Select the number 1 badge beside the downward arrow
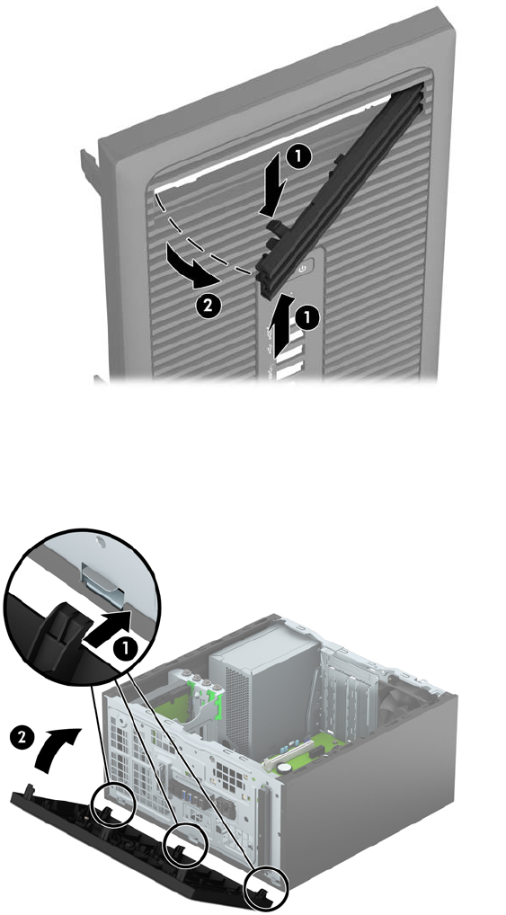coord(298,157)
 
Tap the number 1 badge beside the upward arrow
coord(308,318)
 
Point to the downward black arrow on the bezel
coord(274,184)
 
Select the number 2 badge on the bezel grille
coord(209,306)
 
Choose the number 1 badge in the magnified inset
coord(124,647)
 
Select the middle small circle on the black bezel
coord(186,846)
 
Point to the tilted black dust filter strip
coord(342,190)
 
